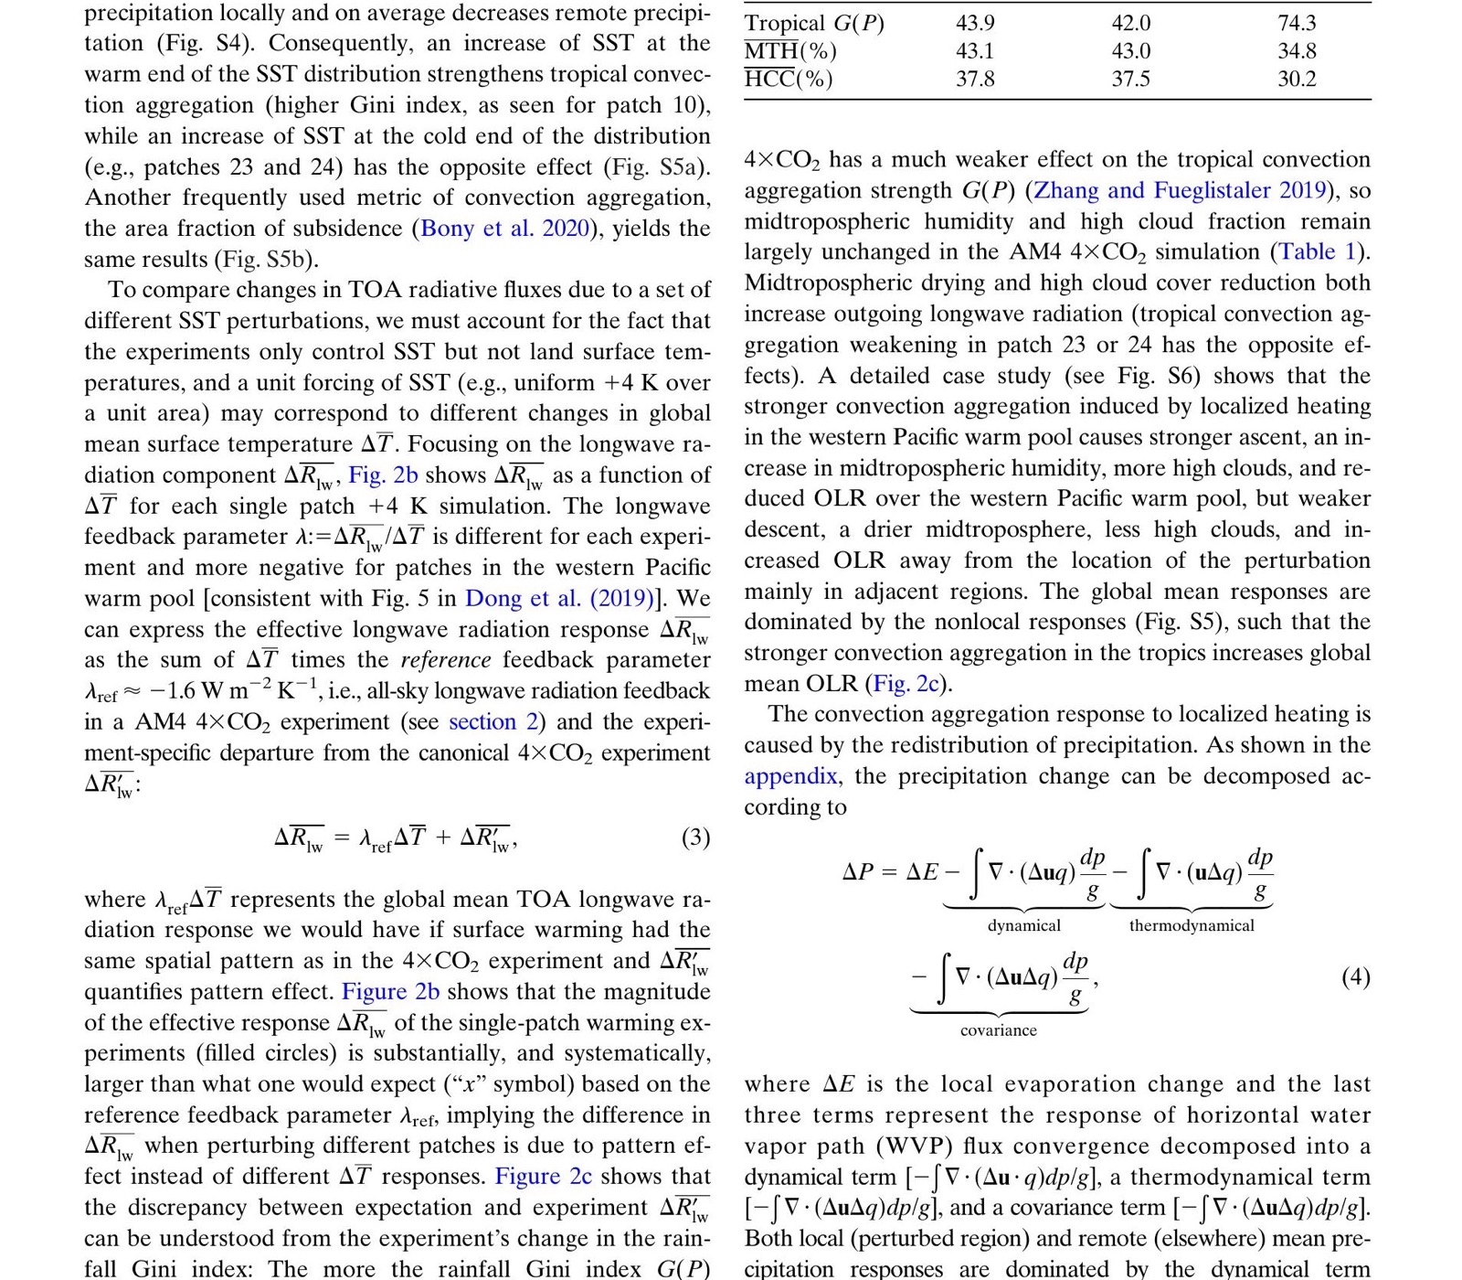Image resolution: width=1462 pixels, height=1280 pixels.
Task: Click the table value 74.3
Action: (x=1297, y=24)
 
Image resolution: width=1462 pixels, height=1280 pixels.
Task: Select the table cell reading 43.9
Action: (x=975, y=24)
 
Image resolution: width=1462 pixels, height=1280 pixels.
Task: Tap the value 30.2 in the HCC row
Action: (x=1297, y=80)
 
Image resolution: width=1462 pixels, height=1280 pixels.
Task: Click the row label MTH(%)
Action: (x=790, y=52)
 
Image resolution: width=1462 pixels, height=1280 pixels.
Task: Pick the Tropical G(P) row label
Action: (x=814, y=24)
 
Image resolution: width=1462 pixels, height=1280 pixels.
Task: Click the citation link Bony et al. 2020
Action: (x=505, y=229)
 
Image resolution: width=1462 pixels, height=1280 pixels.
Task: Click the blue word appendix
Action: (x=790, y=776)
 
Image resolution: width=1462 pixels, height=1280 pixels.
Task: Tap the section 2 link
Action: (x=493, y=722)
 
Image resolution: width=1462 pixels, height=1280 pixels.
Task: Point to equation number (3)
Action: (x=695, y=837)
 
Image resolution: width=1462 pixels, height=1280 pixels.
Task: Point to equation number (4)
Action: (x=1355, y=977)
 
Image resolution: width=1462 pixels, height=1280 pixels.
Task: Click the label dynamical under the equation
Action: (x=1023, y=925)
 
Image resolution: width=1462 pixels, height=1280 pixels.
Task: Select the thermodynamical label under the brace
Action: (x=1192, y=925)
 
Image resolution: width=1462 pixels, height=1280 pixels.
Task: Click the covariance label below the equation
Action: (x=998, y=1030)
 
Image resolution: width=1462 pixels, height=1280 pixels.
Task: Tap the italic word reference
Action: (x=446, y=660)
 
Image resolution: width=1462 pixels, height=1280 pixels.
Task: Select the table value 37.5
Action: (x=1130, y=80)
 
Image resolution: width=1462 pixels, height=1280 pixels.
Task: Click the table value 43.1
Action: (x=975, y=52)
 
